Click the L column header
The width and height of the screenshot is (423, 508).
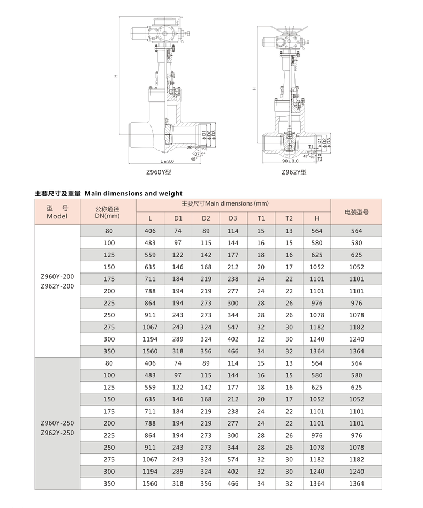[x=150, y=218]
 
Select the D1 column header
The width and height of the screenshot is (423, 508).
[x=178, y=218]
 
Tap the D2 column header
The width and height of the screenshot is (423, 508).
[x=206, y=218]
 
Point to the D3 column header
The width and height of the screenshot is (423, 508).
[x=233, y=218]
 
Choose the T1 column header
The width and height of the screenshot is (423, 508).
[x=261, y=218]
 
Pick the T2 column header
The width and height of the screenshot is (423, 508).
[x=289, y=218]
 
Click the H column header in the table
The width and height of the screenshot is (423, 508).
[x=317, y=218]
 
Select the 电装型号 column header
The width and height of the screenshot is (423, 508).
[x=357, y=212]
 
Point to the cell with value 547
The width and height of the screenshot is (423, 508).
[x=233, y=327]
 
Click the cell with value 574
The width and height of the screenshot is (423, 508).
[x=233, y=460]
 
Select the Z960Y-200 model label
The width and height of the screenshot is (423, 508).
[x=57, y=277]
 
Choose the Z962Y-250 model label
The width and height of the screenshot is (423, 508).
[x=57, y=433]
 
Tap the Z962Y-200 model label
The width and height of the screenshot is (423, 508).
[x=57, y=286]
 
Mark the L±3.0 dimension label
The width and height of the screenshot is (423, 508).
[x=167, y=161]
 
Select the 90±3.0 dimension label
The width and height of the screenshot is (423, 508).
[x=290, y=161]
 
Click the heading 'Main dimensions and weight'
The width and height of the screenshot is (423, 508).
[x=133, y=193]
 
